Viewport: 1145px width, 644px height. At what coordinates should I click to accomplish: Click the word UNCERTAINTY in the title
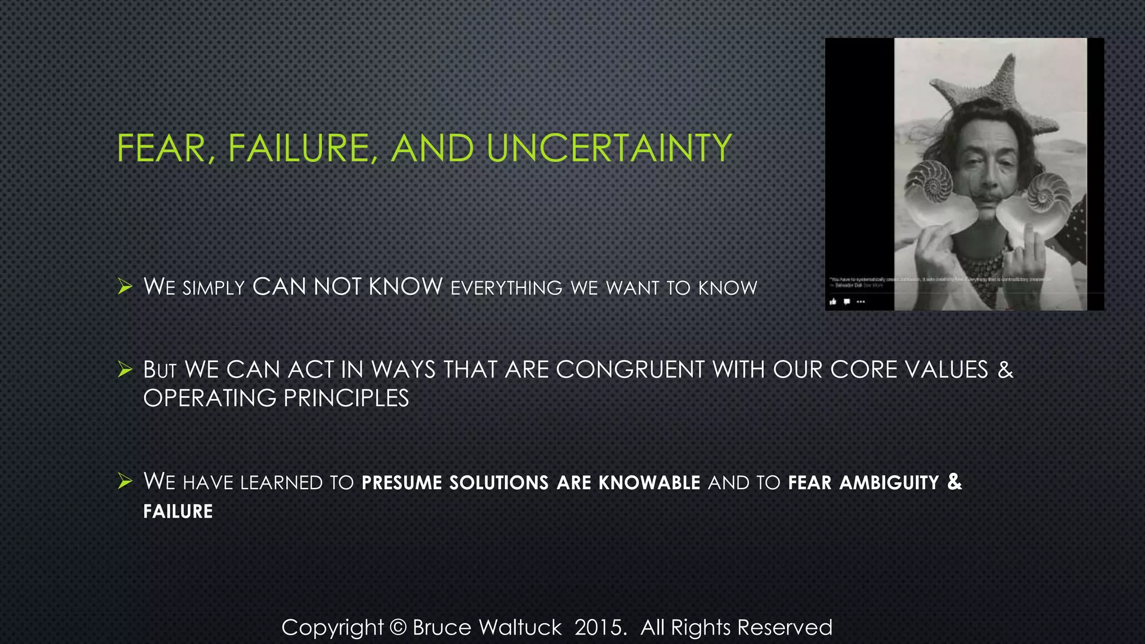[x=608, y=148]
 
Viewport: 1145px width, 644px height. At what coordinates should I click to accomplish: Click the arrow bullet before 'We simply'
[x=125, y=287]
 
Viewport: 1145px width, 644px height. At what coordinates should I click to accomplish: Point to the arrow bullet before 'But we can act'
[x=125, y=370]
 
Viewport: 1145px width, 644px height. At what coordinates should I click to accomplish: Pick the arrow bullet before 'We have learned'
[x=125, y=481]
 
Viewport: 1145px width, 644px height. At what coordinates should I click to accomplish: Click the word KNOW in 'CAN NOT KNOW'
[x=405, y=287]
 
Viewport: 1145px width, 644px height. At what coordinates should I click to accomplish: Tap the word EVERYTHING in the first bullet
[x=507, y=288]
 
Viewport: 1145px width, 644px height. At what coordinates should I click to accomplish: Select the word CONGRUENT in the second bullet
[x=630, y=370]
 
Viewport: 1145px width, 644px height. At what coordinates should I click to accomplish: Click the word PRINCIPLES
[x=346, y=398]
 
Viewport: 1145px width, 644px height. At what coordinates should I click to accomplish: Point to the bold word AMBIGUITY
[x=889, y=482]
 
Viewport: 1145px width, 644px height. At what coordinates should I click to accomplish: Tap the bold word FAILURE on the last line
[x=178, y=512]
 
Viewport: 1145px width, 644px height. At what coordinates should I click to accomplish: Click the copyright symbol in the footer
[x=398, y=627]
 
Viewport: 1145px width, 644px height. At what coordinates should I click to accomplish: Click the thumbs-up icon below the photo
[x=833, y=302]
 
